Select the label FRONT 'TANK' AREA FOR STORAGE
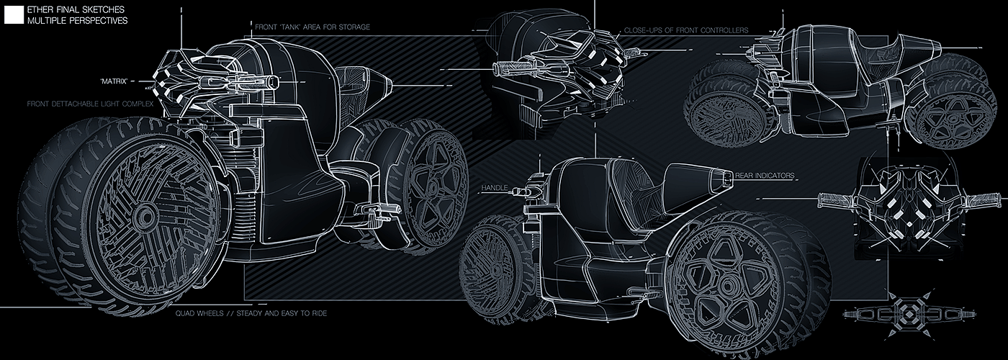(312, 27)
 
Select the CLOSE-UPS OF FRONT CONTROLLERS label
(686, 30)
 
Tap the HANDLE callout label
(494, 188)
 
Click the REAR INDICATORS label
(765, 175)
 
